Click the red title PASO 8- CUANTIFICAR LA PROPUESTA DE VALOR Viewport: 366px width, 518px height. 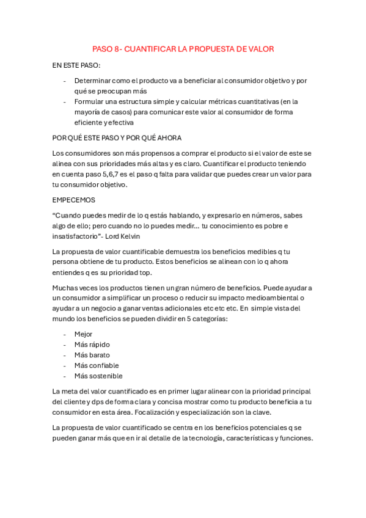coord(183,49)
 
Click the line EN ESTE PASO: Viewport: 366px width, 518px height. coord(76,65)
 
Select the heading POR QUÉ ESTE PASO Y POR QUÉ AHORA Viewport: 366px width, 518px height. coord(117,137)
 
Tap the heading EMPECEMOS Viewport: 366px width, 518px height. coord(74,200)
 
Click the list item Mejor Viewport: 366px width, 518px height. coord(83,334)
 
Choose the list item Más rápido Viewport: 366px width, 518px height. coord(92,345)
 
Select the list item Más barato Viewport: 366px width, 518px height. coord(92,355)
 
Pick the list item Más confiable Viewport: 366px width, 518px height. coord(97,365)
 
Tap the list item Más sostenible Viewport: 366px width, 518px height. coord(98,376)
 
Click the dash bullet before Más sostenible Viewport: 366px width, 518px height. coord(65,376)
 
